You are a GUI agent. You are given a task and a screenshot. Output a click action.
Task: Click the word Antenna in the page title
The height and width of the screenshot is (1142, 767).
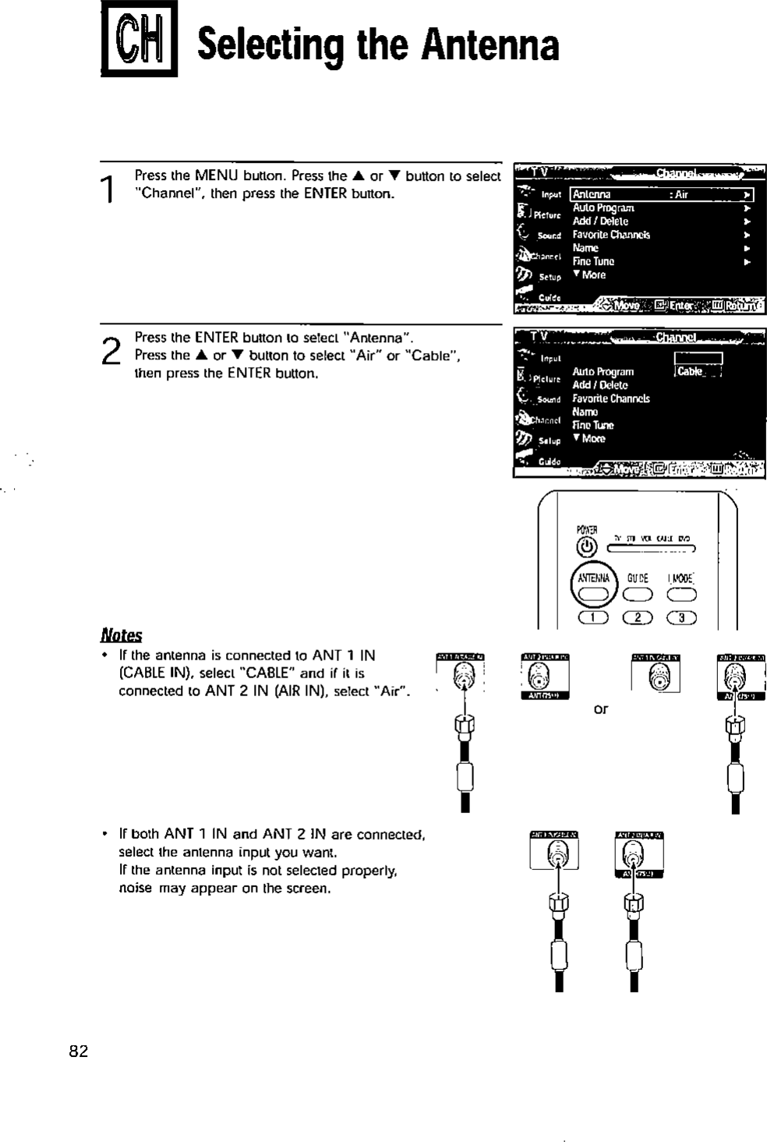490,45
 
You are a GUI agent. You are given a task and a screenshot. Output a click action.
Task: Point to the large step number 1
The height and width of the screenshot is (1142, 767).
111,188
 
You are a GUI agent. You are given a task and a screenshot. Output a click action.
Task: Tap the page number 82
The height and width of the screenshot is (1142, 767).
79,1051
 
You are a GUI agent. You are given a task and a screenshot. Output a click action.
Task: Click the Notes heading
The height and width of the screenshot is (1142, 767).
121,635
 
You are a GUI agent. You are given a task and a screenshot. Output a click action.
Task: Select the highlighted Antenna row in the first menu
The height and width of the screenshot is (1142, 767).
661,195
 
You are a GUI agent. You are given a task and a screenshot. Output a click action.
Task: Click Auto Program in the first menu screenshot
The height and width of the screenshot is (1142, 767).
603,208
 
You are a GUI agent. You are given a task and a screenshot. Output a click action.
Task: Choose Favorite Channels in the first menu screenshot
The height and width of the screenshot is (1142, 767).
611,235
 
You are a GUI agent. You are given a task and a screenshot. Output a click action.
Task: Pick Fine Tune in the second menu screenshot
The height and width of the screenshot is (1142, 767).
593,425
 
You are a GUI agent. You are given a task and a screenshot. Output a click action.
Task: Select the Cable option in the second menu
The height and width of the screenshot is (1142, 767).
691,372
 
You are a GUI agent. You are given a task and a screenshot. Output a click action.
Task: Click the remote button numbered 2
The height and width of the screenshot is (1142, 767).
638,619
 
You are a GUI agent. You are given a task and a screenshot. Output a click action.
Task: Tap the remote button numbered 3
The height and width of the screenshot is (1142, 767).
681,619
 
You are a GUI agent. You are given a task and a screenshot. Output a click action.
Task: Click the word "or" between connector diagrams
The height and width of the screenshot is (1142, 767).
600,709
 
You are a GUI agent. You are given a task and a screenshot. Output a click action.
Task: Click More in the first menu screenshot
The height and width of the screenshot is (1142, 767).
589,275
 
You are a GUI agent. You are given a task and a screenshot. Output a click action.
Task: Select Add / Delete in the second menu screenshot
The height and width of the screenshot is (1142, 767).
599,385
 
